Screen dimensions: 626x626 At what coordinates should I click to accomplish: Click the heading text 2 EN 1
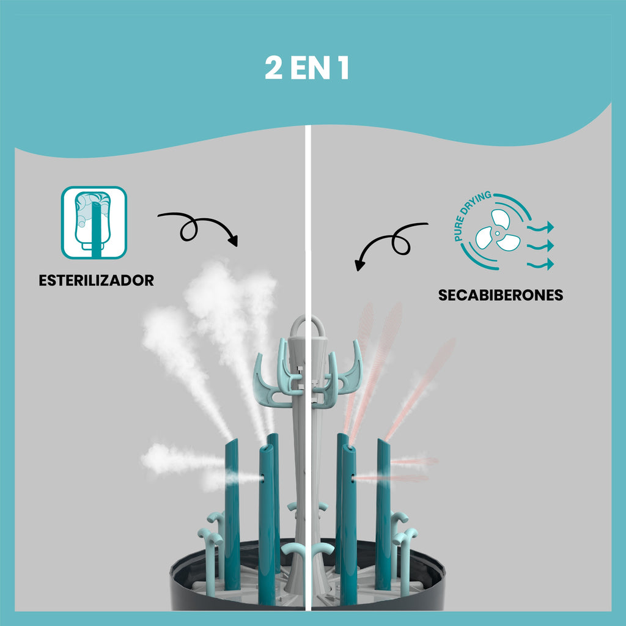click(307, 68)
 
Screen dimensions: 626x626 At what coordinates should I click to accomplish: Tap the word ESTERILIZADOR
click(96, 280)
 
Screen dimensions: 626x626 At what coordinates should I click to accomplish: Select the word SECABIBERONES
click(501, 295)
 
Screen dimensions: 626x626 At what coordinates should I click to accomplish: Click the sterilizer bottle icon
click(94, 223)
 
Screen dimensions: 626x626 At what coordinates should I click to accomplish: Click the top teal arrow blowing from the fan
click(540, 227)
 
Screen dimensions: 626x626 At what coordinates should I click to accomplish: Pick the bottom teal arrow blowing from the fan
click(540, 264)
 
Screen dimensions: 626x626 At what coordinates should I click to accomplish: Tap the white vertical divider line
click(308, 367)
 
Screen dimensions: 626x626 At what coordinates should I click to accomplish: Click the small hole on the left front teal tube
click(262, 477)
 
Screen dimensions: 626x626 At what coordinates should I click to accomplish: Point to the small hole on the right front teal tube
click(353, 477)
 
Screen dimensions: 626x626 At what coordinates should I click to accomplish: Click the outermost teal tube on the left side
click(232, 515)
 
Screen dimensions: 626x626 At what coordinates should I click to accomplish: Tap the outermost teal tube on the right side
click(383, 515)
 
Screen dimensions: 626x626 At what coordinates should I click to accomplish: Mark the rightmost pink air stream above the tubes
click(420, 389)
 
